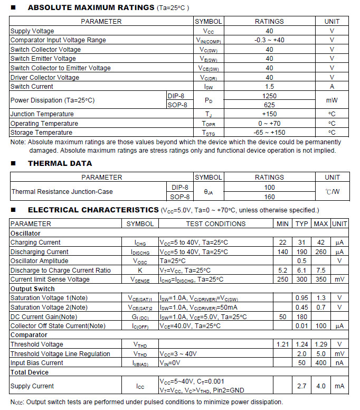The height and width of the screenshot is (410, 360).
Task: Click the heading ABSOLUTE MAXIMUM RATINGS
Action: point(91,8)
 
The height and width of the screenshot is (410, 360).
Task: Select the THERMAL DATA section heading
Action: point(60,163)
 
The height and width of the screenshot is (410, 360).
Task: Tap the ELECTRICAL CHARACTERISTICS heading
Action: point(93,210)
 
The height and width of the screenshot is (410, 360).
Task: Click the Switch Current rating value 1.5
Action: point(269,87)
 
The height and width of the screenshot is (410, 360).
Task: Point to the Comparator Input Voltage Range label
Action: point(58,40)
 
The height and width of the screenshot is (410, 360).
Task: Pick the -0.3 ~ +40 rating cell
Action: point(269,40)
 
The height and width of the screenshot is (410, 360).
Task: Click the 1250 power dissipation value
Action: point(269,96)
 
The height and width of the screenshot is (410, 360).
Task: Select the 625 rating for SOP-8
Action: point(269,105)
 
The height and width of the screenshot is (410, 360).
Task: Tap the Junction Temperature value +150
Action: point(269,114)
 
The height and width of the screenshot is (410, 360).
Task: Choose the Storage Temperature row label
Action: point(41,133)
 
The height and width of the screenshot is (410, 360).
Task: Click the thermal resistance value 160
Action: point(269,197)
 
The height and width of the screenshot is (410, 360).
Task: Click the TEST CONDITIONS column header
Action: point(215,223)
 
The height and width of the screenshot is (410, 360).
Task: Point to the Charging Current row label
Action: point(35,243)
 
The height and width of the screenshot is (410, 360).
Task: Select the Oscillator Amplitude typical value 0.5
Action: point(302,261)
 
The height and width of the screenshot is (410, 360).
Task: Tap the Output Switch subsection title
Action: point(33,289)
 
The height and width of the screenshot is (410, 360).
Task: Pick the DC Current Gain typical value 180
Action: point(302,316)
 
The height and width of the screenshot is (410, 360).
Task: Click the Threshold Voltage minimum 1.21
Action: point(283,344)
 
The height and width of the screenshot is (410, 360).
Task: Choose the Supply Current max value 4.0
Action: point(321,386)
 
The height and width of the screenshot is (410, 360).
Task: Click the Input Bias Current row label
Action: point(37,363)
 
